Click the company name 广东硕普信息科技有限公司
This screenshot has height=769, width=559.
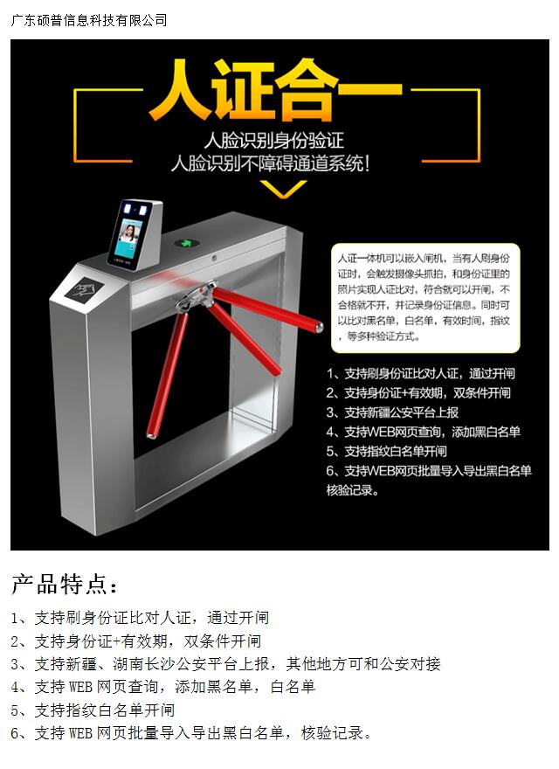coord(89,20)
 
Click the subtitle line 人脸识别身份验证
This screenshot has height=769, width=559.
coord(273,142)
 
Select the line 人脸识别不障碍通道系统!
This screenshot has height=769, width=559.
coord(270,163)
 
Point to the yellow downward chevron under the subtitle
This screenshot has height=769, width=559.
coord(283,189)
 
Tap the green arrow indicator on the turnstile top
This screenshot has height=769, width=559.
coord(185,243)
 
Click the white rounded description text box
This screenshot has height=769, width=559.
coord(425,298)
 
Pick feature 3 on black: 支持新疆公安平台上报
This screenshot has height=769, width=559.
coord(392,412)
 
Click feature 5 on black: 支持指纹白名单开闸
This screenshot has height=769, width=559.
coord(387,451)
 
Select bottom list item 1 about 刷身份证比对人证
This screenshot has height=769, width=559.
coord(140,618)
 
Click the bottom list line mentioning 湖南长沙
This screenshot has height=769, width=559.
coord(225,664)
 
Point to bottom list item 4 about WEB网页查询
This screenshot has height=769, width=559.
coord(162,687)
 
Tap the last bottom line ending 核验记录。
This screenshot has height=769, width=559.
coord(191,733)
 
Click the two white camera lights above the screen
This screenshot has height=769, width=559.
coord(136,210)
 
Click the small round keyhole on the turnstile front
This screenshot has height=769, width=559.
coord(214,258)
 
